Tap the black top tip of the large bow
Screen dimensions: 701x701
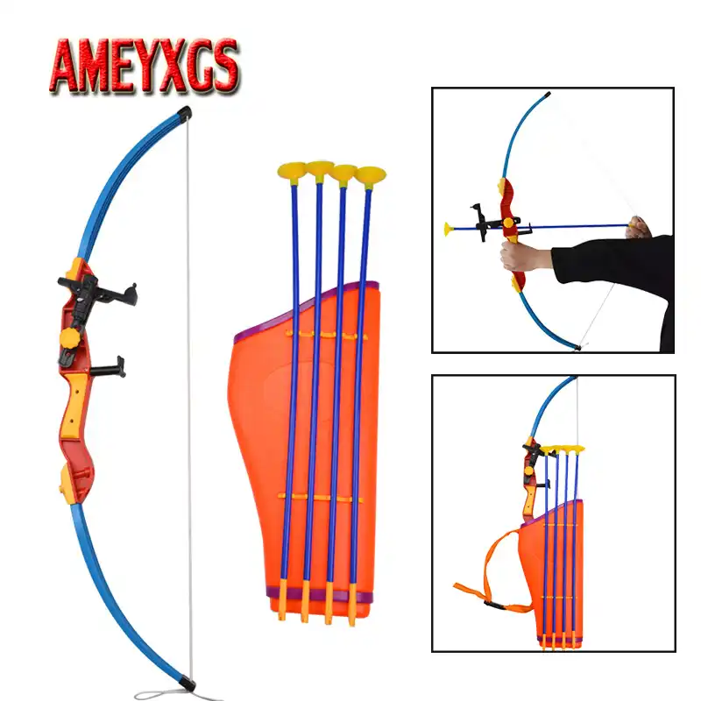click(184, 111)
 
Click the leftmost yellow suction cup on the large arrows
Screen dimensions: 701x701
click(291, 169)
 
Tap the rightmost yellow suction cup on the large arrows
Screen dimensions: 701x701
click(370, 174)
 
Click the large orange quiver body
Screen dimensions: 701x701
click(263, 421)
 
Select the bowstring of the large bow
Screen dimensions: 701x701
click(188, 394)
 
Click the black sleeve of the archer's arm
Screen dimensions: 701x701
click(613, 263)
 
